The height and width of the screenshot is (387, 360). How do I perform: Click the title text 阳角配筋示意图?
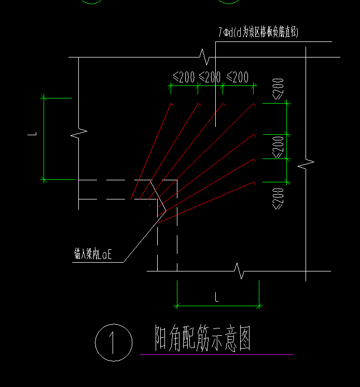pos(203,339)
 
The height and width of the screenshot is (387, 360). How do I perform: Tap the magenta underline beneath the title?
pos(216,354)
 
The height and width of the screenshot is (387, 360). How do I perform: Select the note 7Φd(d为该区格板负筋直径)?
pos(258,33)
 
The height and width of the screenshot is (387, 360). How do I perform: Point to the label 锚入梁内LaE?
pos(93,254)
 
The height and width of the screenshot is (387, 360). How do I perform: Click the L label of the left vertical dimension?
pos(32,135)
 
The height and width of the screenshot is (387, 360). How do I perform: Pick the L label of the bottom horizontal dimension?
pos(216,297)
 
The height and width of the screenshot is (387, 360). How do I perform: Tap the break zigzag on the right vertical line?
pos(306,164)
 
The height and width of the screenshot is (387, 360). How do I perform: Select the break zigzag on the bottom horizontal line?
pos(240,270)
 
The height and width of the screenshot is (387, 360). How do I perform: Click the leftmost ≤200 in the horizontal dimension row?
pos(184,78)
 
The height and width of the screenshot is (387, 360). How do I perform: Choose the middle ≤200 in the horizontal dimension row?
pos(210,78)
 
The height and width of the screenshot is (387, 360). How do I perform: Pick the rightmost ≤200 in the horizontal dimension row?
pos(238,78)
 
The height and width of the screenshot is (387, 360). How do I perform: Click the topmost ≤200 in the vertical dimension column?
pos(279,89)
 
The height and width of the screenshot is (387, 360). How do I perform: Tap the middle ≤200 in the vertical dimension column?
pos(279,147)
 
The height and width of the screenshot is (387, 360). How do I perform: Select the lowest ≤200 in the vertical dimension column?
pos(279,198)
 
